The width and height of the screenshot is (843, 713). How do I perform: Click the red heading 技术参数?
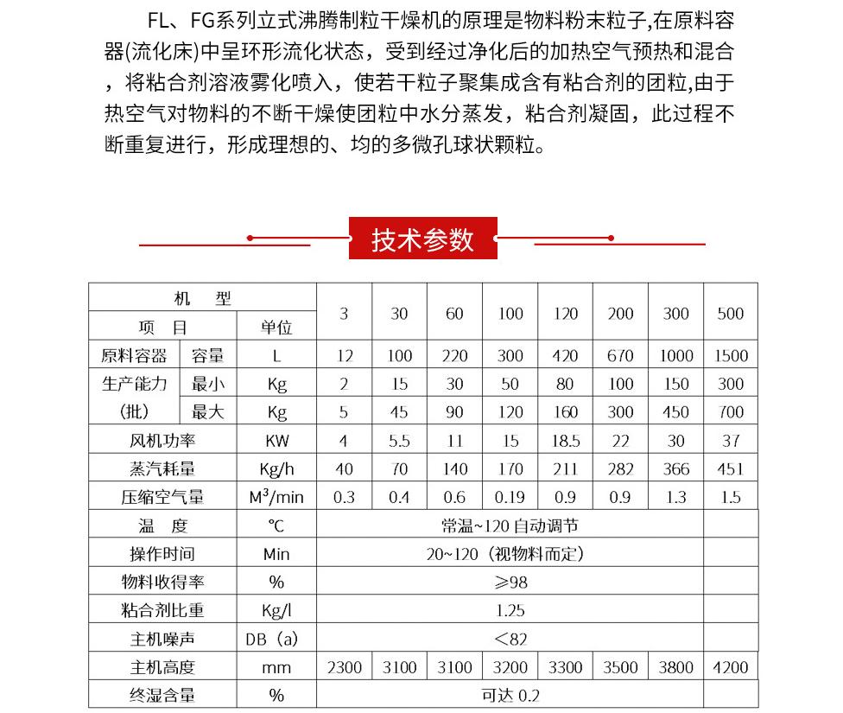422,239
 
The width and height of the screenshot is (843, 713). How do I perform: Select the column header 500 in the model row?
730,314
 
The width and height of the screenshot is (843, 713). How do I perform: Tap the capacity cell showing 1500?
730,355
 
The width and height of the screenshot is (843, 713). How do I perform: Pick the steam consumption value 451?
730,468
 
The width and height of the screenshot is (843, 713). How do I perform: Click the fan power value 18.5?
565,441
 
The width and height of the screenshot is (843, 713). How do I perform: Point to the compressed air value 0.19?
510,497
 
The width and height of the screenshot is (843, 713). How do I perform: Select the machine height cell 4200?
730,667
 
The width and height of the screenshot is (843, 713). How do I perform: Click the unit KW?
276,441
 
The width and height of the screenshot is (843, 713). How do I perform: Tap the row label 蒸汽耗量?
162,468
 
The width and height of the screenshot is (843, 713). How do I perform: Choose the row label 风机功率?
162,441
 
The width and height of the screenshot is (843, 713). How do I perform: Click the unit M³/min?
276,497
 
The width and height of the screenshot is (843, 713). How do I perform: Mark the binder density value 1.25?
510,610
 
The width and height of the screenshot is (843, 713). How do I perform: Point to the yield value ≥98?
510,582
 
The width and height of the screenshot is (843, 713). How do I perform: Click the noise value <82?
510,639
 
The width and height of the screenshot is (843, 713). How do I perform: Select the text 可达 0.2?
510,696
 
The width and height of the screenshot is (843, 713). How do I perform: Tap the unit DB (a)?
276,639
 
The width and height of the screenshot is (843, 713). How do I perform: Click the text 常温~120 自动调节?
510,525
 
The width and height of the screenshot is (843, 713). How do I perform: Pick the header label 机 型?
203,299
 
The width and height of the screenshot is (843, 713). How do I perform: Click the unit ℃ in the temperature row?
276,525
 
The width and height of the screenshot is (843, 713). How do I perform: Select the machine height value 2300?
344,667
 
